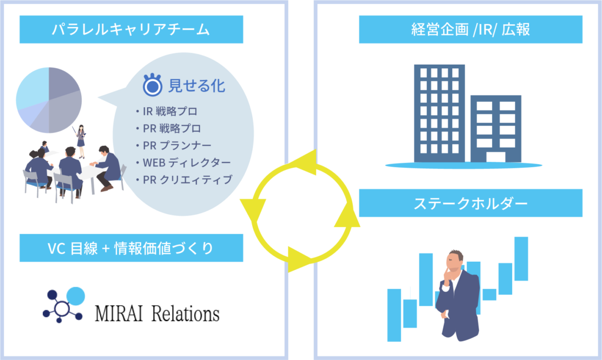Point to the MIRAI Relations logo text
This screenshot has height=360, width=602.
[x=157, y=313]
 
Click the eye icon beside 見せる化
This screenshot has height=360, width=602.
[x=153, y=86]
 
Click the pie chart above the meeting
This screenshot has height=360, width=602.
[x=48, y=99]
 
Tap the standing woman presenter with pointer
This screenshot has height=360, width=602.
[x=81, y=139]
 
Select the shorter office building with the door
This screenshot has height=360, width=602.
[x=496, y=129]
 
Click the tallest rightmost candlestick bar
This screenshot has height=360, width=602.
[x=521, y=258]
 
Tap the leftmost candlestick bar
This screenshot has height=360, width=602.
[x=394, y=315]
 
